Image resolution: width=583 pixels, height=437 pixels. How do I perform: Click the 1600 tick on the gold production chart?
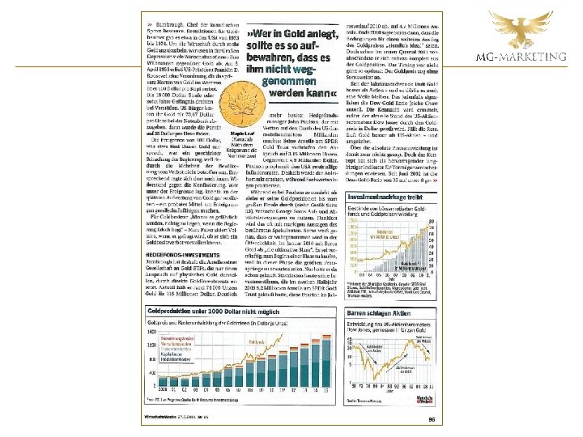point(151,332)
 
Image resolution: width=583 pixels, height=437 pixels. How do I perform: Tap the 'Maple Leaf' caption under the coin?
point(240,134)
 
